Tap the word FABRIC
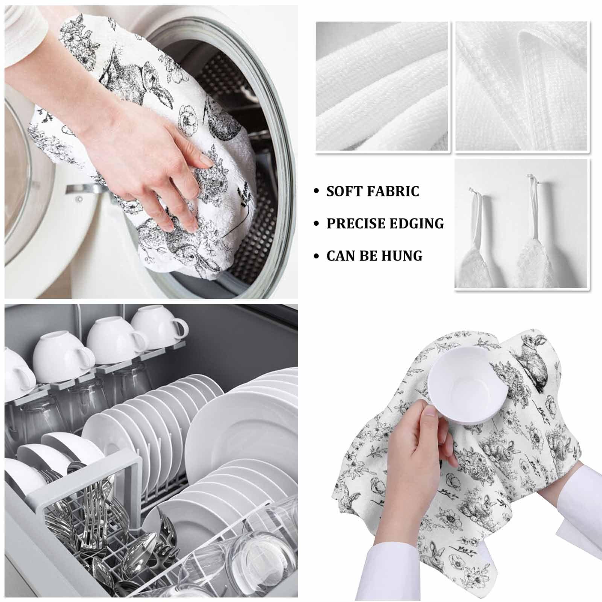391,191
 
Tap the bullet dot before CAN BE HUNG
317,256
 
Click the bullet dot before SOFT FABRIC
317,192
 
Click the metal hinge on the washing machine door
81,189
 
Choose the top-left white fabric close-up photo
382,87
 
